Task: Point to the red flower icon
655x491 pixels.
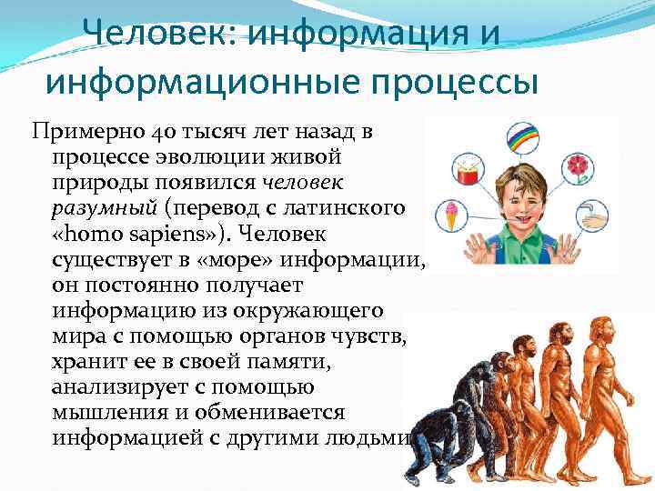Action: (x=600, y=169)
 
